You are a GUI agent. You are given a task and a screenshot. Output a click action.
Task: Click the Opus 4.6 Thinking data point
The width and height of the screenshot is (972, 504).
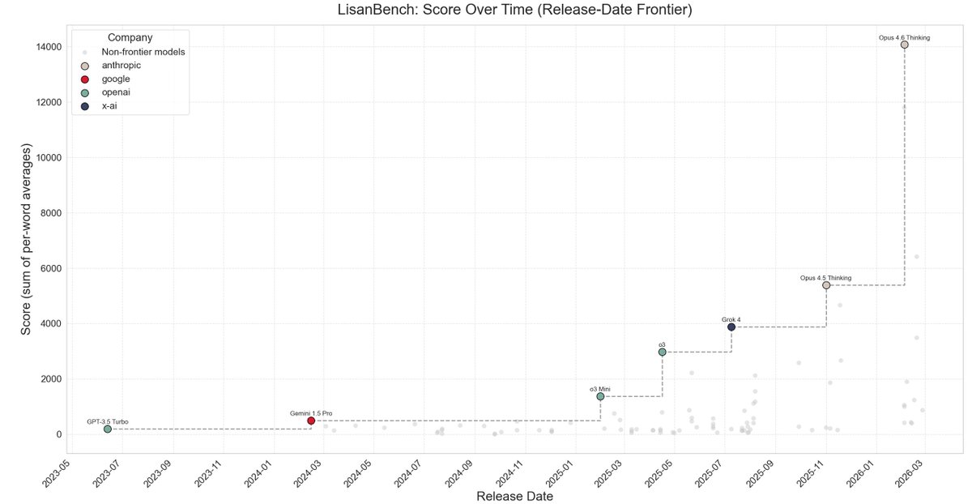[904, 45]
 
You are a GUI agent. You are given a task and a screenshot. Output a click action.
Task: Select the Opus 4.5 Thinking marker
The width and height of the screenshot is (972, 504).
[826, 285]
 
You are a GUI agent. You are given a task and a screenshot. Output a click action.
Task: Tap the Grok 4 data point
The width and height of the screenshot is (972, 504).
[731, 327]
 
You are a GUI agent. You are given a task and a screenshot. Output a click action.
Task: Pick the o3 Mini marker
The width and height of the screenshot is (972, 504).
[600, 396]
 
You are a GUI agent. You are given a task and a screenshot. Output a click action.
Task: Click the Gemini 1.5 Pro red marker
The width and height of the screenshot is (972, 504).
[311, 421]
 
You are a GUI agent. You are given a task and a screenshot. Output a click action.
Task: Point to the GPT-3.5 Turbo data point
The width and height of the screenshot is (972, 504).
[108, 429]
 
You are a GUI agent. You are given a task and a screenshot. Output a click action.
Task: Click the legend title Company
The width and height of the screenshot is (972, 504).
[130, 37]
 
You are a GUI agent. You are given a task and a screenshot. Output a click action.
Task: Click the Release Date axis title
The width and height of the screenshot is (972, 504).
[514, 496]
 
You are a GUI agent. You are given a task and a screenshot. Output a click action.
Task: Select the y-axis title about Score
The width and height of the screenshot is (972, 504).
[26, 240]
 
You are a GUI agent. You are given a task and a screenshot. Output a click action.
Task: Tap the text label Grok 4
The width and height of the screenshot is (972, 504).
[731, 319]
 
